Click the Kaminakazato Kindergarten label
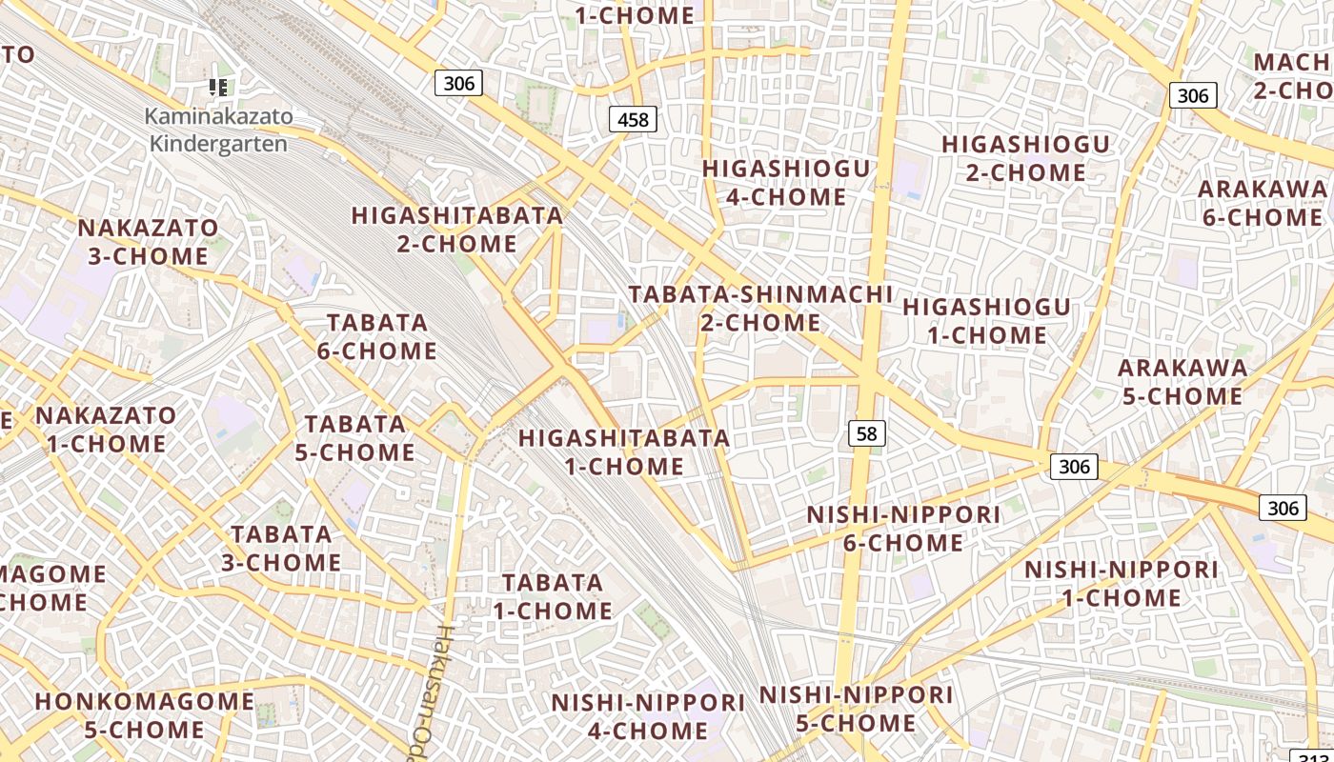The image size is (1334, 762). point(218,130)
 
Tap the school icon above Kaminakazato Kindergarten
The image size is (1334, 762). point(218,89)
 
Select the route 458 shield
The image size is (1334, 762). point(633,119)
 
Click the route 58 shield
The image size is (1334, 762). point(866,434)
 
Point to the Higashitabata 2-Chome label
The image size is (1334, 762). point(457,230)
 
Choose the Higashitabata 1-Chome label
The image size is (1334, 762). point(624,452)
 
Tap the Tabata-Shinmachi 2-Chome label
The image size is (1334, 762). point(760,309)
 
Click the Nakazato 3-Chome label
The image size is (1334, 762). point(148,242)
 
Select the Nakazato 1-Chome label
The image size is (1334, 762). point(106,430)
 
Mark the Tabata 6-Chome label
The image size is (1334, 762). point(377,337)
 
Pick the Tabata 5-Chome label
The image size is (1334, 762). point(354,438)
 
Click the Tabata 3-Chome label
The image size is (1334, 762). point(281,549)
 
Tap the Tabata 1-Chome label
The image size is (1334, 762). point(553,596)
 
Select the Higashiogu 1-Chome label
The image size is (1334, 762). point(986,321)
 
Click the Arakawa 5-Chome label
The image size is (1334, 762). point(1182,381)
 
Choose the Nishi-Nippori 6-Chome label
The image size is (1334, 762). point(903,529)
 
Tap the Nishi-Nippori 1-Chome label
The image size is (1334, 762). point(1121,584)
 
